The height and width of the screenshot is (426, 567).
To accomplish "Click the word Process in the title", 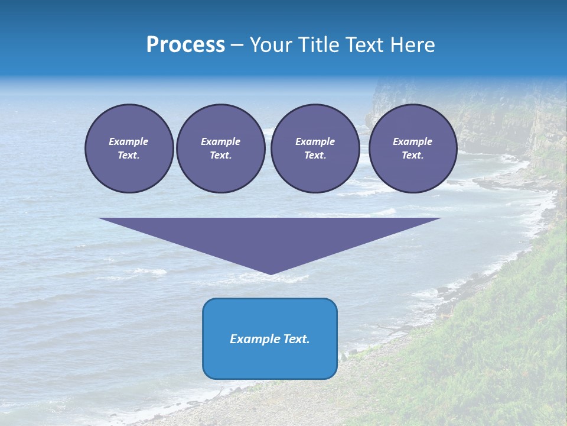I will pyautogui.click(x=185, y=45).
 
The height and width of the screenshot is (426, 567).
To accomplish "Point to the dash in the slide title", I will pyautogui.click(x=237, y=46).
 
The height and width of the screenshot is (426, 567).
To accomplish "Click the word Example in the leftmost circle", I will pyautogui.click(x=129, y=141).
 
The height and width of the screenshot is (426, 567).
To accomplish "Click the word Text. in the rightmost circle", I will pyautogui.click(x=412, y=155).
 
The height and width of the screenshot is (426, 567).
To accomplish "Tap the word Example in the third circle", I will pyautogui.click(x=315, y=141).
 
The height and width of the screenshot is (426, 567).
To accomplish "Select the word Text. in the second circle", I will pyautogui.click(x=220, y=155).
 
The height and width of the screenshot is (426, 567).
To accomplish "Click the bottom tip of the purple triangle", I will pyautogui.click(x=271, y=273).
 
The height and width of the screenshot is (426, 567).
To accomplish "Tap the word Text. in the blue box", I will pyautogui.click(x=296, y=339).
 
